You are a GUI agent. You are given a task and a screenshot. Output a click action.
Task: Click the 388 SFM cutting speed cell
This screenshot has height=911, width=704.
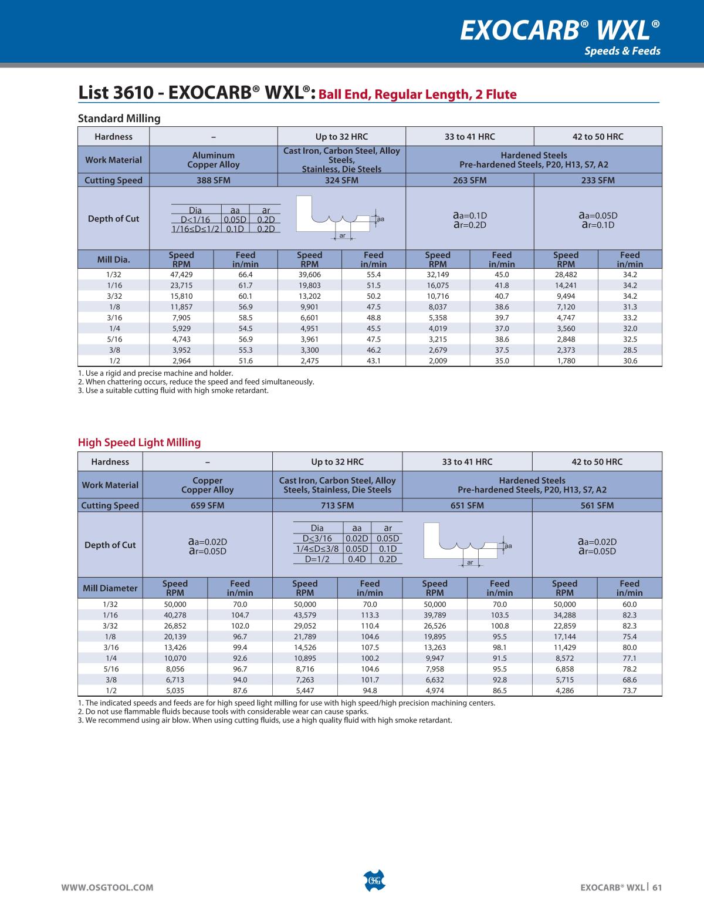213,180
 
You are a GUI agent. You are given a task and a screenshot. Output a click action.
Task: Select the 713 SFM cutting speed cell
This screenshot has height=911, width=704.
337,505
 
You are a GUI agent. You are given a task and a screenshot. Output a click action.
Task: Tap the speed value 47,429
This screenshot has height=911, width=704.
181,274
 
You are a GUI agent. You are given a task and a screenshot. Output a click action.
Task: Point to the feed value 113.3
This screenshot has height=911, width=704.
370,615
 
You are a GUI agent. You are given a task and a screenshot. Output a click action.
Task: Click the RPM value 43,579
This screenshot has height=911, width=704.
304,615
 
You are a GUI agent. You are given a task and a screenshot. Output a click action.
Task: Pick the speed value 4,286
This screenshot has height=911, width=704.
564,691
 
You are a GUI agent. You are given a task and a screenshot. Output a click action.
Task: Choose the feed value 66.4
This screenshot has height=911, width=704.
245,274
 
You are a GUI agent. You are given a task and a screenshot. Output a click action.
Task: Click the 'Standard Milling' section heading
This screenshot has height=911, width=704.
119,119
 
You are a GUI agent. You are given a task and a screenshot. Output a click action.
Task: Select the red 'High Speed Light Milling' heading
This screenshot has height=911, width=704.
139,443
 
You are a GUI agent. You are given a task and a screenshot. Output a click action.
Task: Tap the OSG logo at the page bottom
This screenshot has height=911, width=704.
374,881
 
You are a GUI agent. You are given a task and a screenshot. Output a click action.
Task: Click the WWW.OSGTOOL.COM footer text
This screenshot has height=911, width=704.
108,888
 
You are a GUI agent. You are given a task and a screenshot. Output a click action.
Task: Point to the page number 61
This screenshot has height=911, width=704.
657,888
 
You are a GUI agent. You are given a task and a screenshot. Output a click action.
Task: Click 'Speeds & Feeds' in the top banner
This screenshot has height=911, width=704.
622,51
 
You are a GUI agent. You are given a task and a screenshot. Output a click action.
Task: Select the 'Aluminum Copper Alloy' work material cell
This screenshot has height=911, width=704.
213,160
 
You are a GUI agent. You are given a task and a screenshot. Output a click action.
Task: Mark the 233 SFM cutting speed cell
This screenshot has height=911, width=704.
598,180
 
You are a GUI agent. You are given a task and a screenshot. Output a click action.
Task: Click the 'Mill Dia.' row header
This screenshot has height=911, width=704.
114,259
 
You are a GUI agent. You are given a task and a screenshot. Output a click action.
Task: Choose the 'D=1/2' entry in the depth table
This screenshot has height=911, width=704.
317,559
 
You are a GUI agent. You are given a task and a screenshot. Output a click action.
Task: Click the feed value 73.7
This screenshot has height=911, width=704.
629,691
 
